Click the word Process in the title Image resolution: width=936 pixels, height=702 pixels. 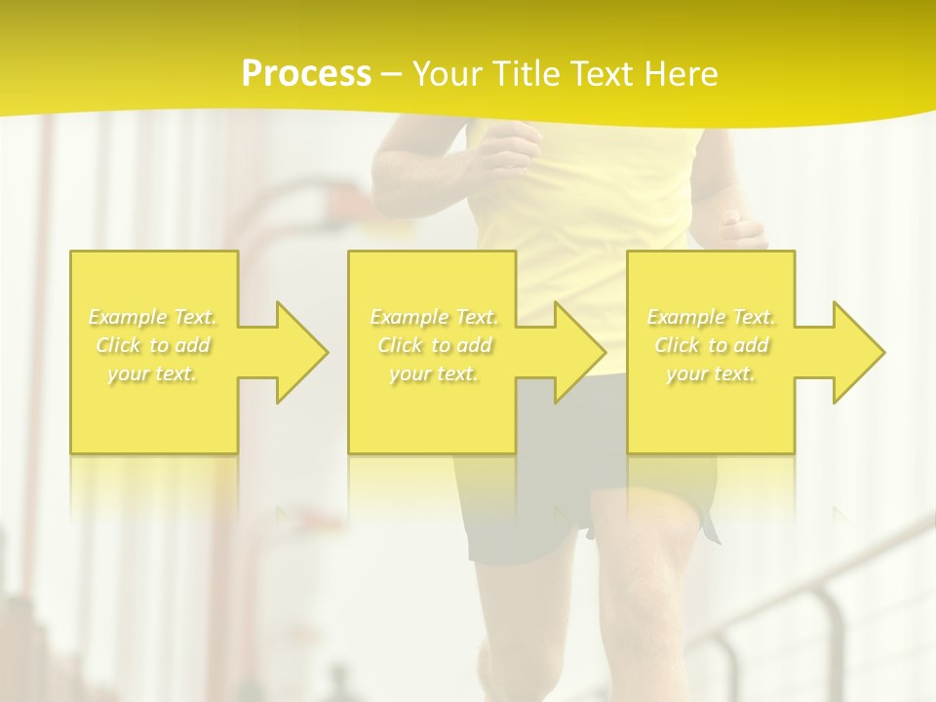coord(306,74)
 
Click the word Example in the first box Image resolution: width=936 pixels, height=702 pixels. coord(128,317)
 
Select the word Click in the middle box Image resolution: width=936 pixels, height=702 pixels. coord(398,345)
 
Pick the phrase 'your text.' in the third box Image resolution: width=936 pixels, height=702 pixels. coord(711,373)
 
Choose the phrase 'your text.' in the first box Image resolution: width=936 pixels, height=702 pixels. coord(152,373)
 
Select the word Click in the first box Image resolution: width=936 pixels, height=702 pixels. coord(116,345)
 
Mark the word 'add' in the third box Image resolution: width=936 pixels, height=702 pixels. coord(751,345)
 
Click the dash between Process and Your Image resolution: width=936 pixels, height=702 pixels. coord(391,74)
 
